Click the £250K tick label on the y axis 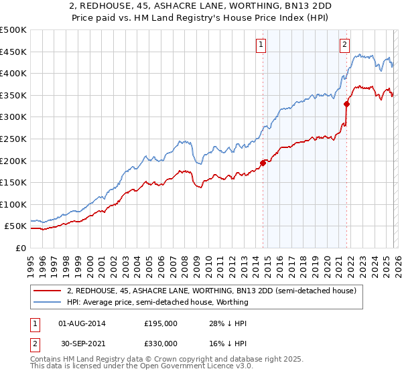point(13,139)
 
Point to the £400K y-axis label point(13,73)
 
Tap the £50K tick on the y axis point(16,226)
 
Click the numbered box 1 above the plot point(261,45)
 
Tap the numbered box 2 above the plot point(344,45)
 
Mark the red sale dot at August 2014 point(263,162)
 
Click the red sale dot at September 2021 point(347,104)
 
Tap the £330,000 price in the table point(161,344)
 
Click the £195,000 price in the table point(161,323)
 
